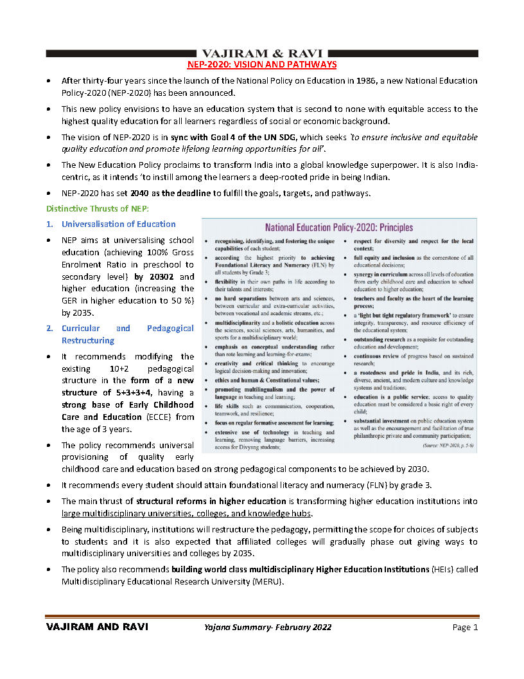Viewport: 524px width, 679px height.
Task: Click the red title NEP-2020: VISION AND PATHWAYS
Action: pos(261,65)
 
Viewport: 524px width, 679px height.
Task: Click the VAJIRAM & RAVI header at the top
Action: pos(261,53)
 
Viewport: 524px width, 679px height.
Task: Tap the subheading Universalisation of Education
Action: pos(118,224)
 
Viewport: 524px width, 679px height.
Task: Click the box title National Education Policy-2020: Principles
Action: pos(339,228)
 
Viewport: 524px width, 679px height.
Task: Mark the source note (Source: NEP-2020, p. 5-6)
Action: pos(441,444)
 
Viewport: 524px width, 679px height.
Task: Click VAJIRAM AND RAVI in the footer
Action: pos(97,628)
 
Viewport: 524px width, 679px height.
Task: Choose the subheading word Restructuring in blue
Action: pos(88,340)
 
